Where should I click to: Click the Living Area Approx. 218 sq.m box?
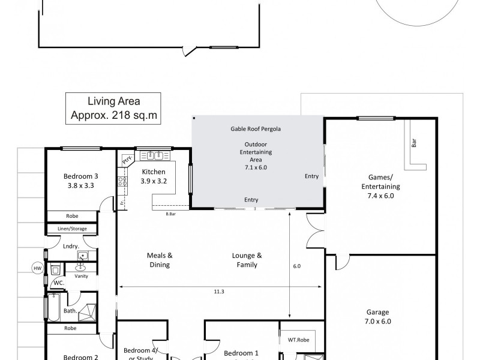(x=114, y=109)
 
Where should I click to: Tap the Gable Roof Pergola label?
(x=256, y=128)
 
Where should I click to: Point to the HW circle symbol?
(x=37, y=268)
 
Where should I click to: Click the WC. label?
(x=59, y=282)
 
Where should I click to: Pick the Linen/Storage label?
(x=65, y=229)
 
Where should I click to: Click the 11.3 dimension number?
(x=218, y=292)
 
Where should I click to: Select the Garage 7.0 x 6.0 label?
(x=377, y=316)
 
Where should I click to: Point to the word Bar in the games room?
(x=413, y=144)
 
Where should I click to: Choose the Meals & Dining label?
(x=160, y=259)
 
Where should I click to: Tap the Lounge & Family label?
(x=247, y=259)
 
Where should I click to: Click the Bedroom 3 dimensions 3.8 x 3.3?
(x=80, y=185)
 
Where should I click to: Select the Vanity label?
(x=81, y=276)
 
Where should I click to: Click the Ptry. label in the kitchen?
(x=127, y=159)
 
